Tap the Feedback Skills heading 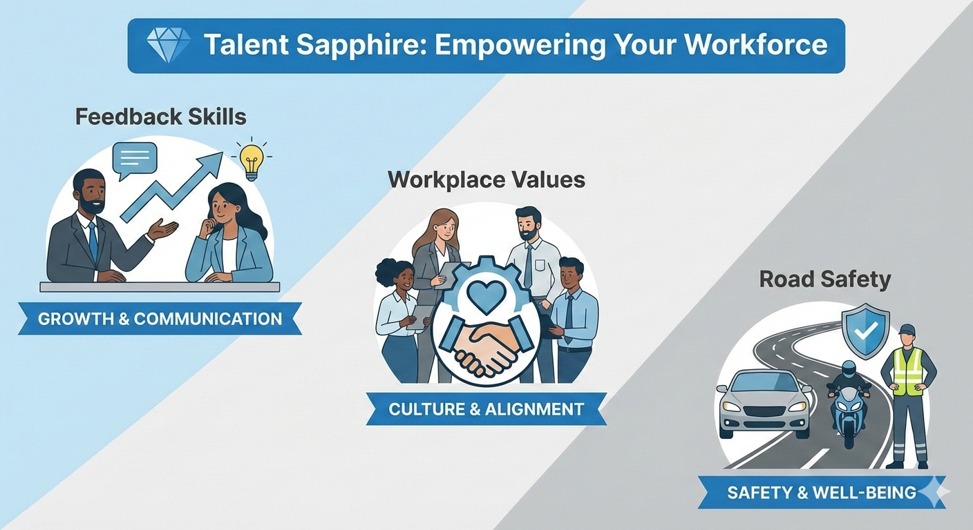(160, 116)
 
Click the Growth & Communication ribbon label (160, 319)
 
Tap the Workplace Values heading (486, 179)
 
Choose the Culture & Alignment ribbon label (486, 409)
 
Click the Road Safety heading (824, 279)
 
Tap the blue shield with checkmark (865, 331)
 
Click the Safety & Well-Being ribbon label (821, 493)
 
